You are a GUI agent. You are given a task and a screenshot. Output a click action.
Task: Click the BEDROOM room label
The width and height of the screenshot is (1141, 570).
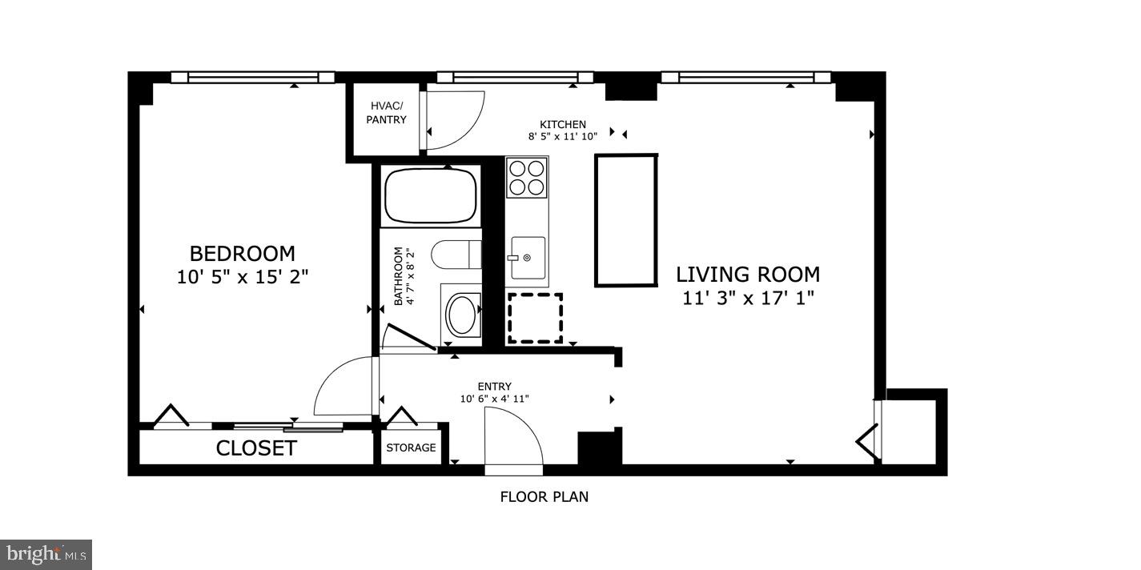(243, 254)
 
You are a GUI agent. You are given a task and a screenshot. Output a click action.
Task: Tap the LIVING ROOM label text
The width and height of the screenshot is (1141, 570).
(748, 275)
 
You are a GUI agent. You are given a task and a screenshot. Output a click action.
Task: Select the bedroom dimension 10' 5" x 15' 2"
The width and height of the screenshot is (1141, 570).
(243, 277)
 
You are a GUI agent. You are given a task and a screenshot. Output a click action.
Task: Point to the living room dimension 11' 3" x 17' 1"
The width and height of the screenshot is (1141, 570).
(749, 298)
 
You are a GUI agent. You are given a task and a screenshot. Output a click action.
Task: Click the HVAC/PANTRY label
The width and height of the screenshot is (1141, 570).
(387, 113)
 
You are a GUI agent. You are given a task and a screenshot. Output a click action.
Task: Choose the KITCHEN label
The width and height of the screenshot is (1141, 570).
(563, 124)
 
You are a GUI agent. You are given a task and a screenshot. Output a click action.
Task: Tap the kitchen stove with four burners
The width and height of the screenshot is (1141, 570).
(527, 177)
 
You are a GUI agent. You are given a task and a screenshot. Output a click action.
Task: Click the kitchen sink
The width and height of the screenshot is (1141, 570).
(528, 258)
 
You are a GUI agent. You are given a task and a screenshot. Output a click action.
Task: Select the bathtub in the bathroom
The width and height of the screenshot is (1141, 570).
(431, 195)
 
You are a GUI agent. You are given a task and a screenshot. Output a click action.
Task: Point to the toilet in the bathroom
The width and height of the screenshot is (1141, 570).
(456, 255)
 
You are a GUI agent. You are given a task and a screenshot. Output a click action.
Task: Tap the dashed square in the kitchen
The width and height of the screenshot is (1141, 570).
(535, 319)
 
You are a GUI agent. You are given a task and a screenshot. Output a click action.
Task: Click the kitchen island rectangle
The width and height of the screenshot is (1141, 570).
(626, 221)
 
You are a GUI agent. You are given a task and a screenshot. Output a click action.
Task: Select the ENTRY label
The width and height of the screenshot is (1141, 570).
(495, 387)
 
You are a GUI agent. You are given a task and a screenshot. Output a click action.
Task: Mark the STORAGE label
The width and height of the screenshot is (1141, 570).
(411, 448)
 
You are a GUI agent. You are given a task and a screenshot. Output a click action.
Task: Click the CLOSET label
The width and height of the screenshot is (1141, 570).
(256, 448)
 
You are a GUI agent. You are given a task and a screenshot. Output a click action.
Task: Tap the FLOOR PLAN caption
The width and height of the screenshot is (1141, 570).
(544, 496)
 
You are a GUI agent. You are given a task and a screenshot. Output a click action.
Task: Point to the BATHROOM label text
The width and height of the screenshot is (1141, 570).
(398, 276)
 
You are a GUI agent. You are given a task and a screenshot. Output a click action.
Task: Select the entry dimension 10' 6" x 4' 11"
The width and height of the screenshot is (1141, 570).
(495, 399)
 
